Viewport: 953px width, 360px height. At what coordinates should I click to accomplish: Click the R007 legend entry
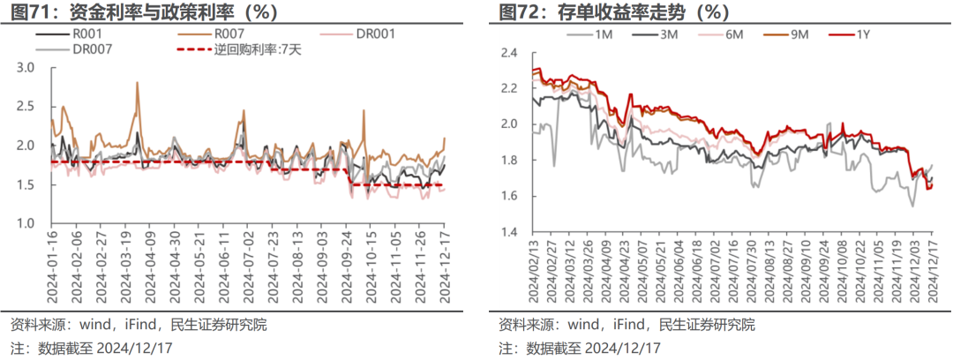point(227,34)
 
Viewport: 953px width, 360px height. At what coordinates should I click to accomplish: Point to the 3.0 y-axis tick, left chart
point(26,68)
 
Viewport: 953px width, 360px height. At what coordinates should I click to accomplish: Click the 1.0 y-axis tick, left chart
point(26,223)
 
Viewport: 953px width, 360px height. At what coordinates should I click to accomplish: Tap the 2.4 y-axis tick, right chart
point(510,53)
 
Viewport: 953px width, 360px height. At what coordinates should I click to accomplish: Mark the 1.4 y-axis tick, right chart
point(510,231)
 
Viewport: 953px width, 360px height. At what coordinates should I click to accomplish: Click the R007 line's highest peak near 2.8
point(138,83)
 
